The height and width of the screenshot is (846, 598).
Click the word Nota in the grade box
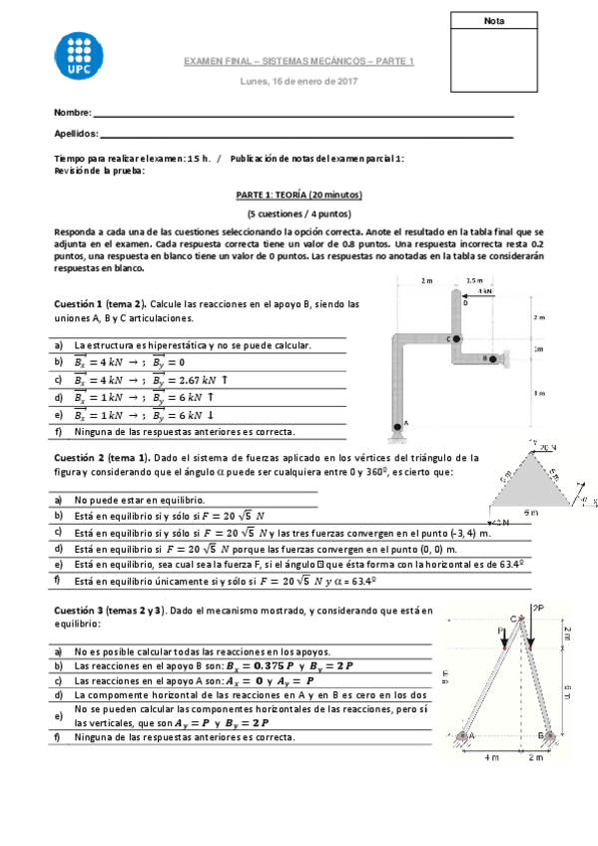(493, 21)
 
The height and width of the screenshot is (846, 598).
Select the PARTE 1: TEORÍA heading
(299, 196)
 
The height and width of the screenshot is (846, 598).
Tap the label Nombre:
(73, 113)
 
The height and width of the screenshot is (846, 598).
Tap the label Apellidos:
(76, 133)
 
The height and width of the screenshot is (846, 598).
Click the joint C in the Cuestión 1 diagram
(458, 339)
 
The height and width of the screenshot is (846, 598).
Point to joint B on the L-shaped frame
(488, 358)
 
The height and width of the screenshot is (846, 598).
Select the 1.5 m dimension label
(473, 281)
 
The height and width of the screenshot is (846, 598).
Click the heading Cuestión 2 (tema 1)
(100, 457)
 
